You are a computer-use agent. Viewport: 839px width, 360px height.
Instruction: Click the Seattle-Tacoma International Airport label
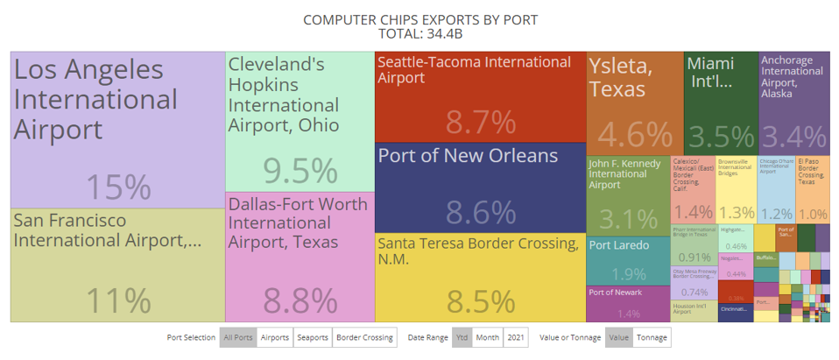pyautogui.click(x=474, y=70)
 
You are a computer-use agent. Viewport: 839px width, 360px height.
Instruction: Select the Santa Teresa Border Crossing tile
pyautogui.click(x=480, y=277)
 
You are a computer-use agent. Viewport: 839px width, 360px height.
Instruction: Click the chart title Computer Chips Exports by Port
pyautogui.click(x=419, y=19)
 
